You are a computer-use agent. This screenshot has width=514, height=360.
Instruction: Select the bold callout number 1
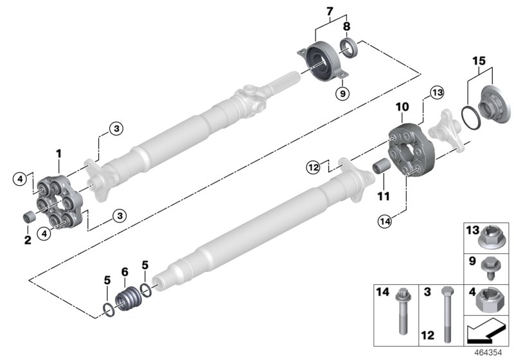click(x=58, y=154)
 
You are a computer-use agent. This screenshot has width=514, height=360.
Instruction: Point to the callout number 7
click(x=330, y=11)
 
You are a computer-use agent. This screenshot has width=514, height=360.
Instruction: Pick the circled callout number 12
click(x=312, y=167)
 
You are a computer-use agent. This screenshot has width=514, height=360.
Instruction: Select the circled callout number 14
click(x=385, y=222)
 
